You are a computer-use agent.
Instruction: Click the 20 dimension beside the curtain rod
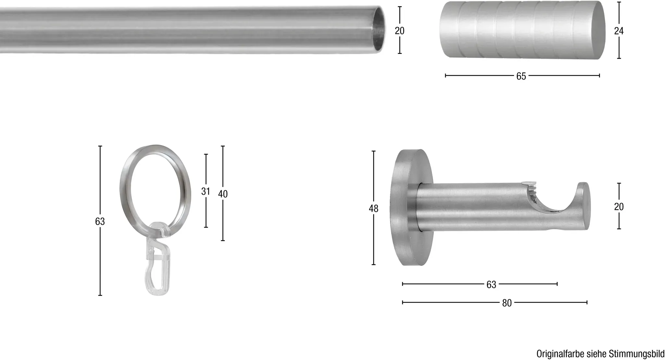coord(399,31)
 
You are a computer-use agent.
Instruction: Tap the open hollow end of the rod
coord(377,30)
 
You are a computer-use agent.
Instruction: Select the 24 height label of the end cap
coord(619,31)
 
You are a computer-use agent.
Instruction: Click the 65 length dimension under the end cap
coord(521,76)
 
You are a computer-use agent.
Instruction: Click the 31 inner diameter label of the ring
coord(206,192)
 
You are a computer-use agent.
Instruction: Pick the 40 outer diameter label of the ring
coord(223,194)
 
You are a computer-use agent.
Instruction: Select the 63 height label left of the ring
coord(100,221)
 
